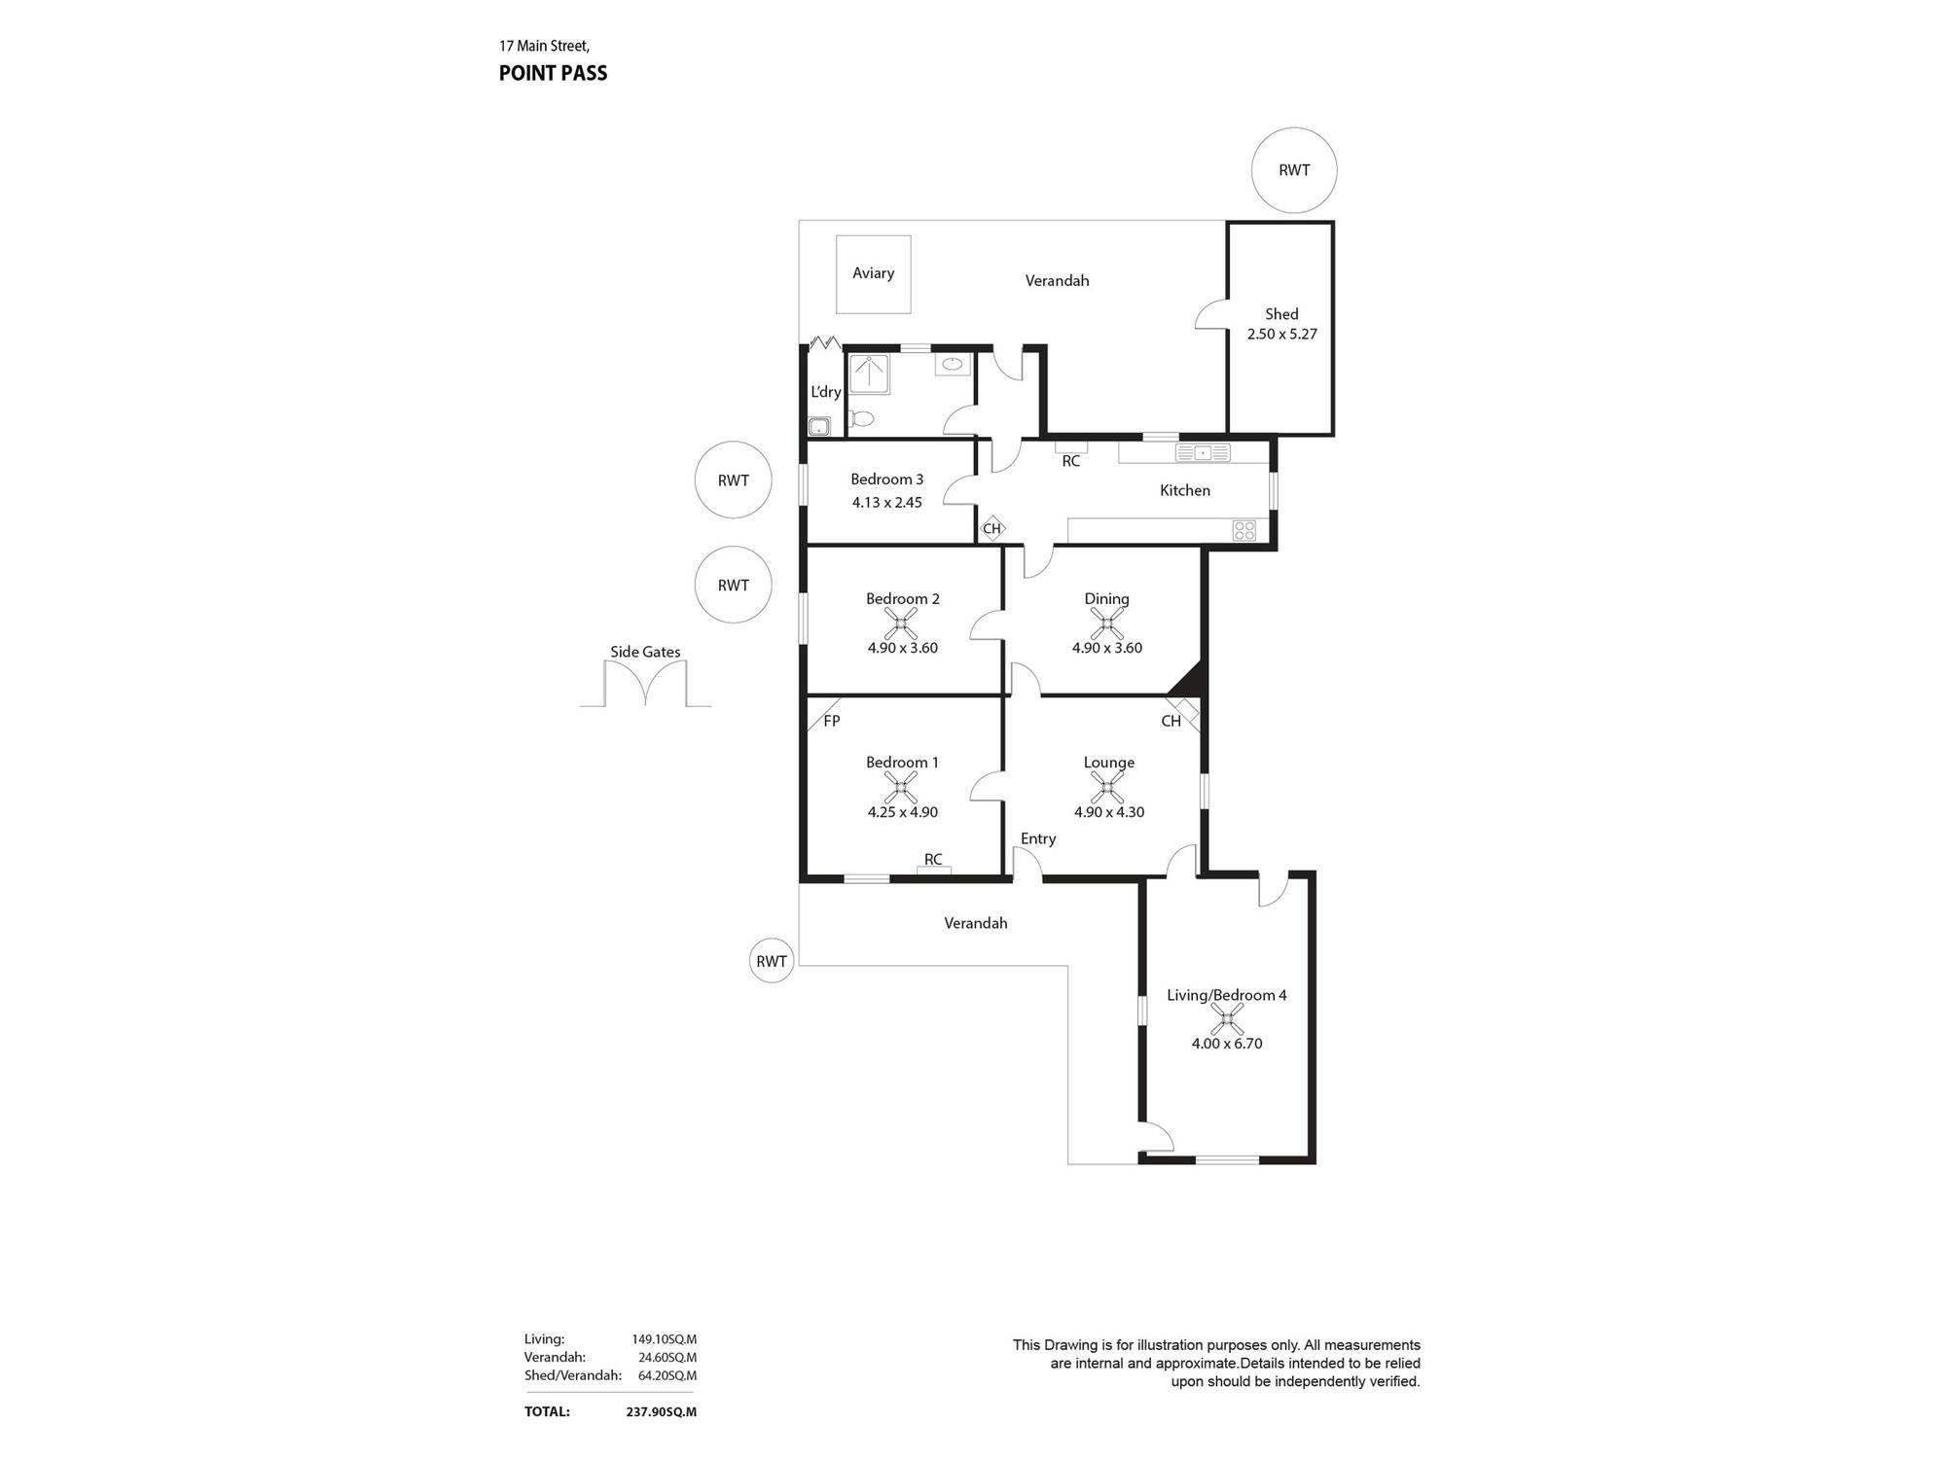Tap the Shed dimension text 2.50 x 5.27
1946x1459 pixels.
coord(1281,334)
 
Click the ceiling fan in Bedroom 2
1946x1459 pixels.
coord(903,623)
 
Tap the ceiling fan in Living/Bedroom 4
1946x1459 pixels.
coord(1227,1019)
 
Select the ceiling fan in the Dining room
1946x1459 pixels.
coord(1107,623)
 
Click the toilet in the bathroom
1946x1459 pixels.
coord(861,419)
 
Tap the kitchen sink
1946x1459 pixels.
coord(1203,452)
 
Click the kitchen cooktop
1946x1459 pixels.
coord(1244,530)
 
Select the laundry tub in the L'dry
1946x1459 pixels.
coord(819,426)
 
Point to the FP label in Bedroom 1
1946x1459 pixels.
coord(832,721)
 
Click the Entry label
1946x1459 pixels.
coord(1038,838)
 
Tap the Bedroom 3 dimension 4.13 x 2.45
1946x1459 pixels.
coord(886,503)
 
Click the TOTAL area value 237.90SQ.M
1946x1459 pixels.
coord(662,1412)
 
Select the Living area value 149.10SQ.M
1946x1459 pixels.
coord(665,1339)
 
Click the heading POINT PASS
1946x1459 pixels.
coord(553,73)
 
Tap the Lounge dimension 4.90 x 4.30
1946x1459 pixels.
coord(1109,812)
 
